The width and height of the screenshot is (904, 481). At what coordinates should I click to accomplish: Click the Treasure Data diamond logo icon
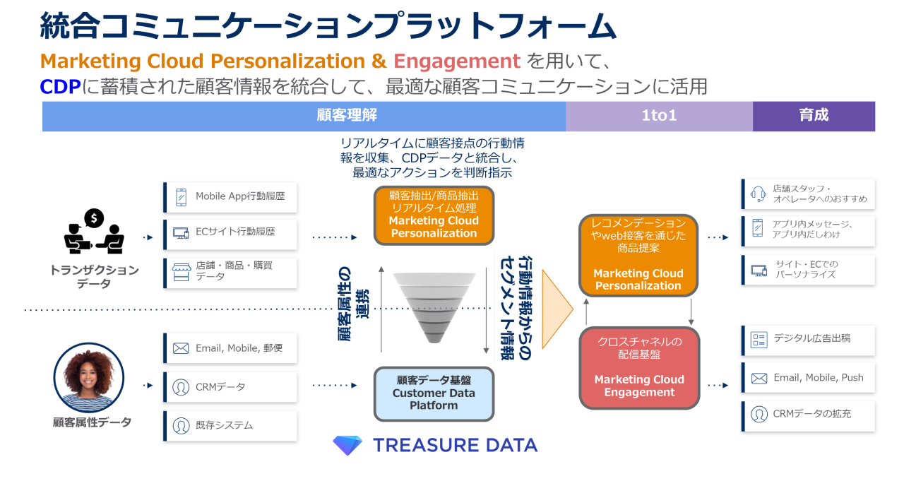[x=347, y=445]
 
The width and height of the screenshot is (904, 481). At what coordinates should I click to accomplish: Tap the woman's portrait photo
[x=88, y=377]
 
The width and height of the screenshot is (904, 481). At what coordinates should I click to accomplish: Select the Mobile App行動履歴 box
[x=230, y=197]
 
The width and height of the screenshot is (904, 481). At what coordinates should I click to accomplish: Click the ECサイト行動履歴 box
[x=230, y=232]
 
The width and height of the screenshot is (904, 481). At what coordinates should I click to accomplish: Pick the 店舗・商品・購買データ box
[x=230, y=271]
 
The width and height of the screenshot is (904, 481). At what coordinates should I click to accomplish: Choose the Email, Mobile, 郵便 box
[x=230, y=348]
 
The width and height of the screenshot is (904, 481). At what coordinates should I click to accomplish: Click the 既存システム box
[x=230, y=426]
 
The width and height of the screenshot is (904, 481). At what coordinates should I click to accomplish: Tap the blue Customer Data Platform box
[x=434, y=393]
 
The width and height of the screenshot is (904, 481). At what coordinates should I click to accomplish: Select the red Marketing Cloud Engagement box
[x=639, y=367]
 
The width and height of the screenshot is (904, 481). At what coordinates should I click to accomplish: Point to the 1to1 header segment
[x=659, y=116]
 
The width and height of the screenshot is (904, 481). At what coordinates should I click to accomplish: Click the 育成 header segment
[x=814, y=116]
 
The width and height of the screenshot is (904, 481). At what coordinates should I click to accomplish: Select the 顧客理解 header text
[x=347, y=116]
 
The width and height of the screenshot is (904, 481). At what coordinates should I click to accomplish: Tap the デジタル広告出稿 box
[x=809, y=340]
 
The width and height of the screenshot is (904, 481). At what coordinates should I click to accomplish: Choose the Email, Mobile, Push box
[x=809, y=378]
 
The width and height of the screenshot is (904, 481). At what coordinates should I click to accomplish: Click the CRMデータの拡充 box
[x=809, y=415]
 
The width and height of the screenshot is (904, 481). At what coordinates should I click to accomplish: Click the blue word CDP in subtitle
[x=60, y=87]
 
